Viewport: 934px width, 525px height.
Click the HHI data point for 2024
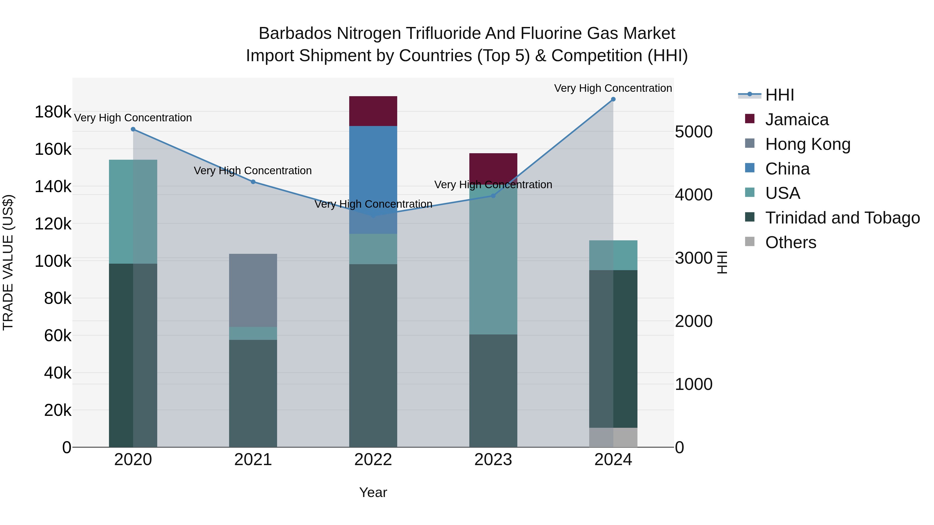click(x=613, y=99)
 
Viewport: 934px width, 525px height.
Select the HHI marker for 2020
click(x=133, y=129)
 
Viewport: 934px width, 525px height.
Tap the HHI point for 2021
click(x=253, y=182)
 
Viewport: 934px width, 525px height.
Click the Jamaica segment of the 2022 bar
click(x=373, y=111)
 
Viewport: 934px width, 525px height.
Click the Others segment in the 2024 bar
click(x=613, y=437)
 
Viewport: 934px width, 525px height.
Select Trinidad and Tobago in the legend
click(x=842, y=218)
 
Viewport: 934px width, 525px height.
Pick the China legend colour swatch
click(x=750, y=168)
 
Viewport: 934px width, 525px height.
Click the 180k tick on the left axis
click(x=53, y=112)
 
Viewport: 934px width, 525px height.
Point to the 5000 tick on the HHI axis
click(x=693, y=132)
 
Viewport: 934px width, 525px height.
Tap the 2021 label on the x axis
click(x=253, y=460)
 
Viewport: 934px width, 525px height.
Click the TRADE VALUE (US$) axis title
click(x=8, y=262)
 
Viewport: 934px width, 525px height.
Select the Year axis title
click(x=373, y=492)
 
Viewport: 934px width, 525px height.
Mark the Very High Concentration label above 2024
click(x=613, y=88)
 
